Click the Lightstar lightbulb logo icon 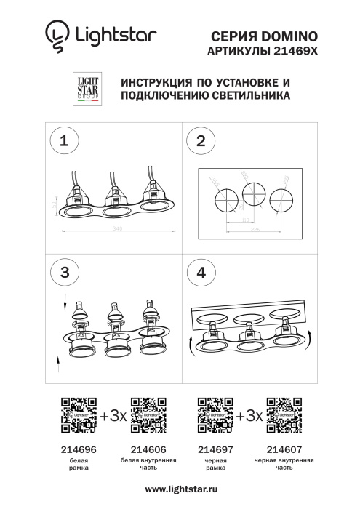pyautogui.click(x=55, y=34)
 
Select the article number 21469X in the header pyautogui.click(x=296, y=49)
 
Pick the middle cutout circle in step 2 pyautogui.click(x=253, y=194)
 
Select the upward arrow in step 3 pyautogui.click(x=59, y=359)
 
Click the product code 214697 pyautogui.click(x=215, y=450)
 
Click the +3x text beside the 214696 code pyautogui.click(x=113, y=416)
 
